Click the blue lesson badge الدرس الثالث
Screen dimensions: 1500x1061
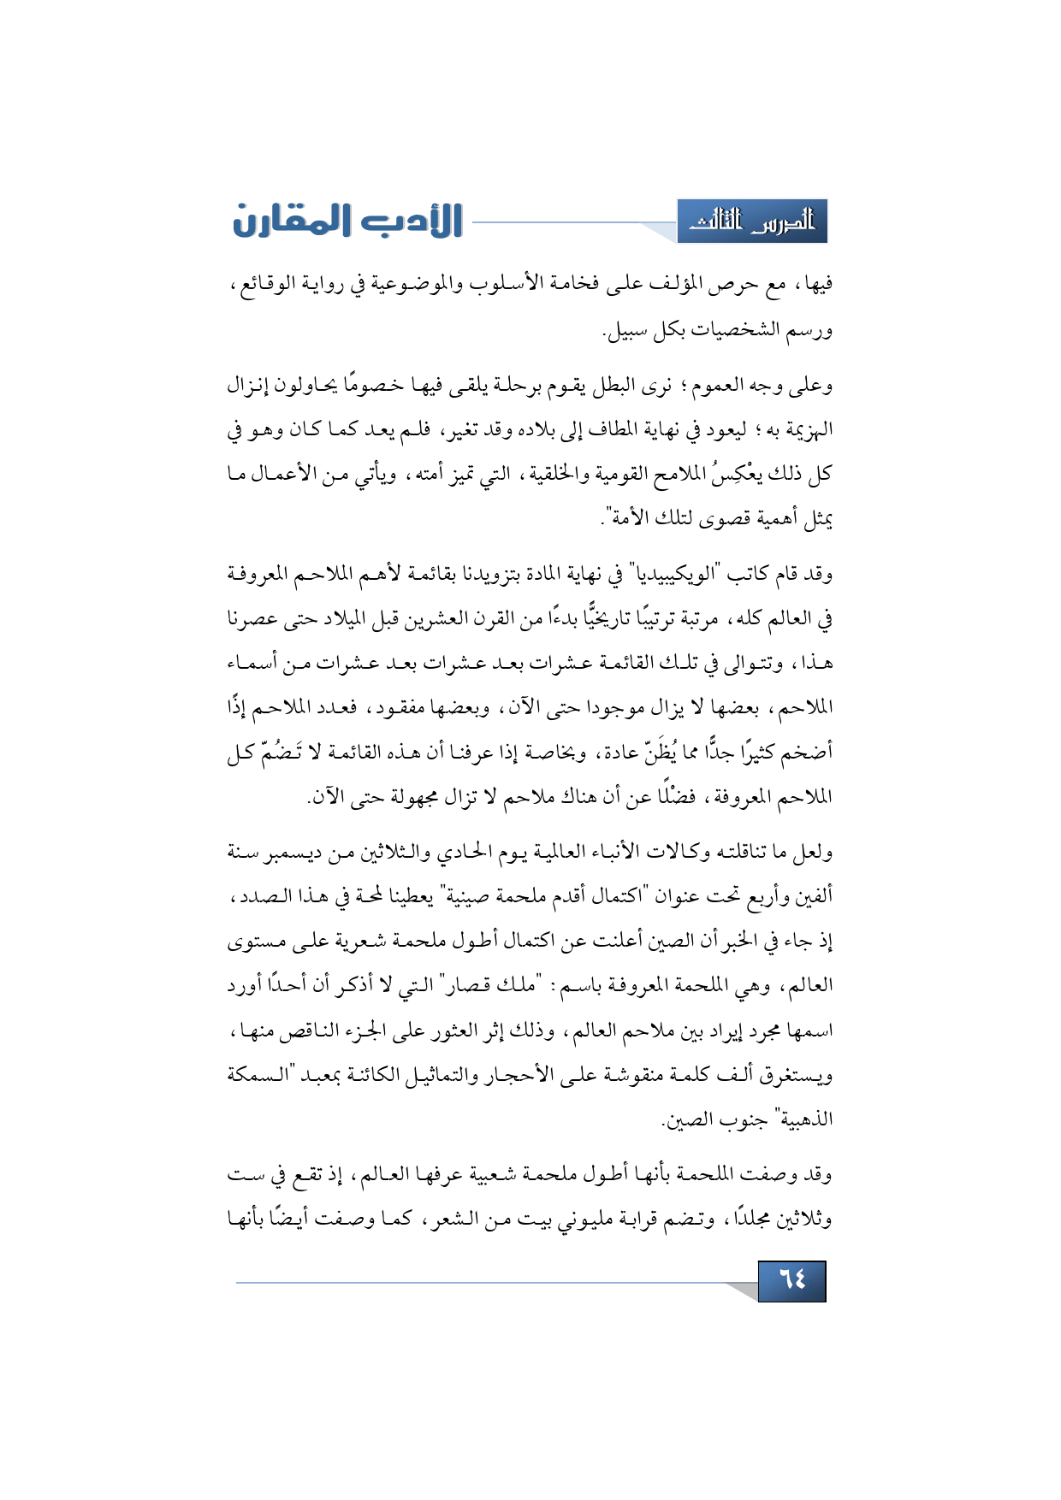pos(752,222)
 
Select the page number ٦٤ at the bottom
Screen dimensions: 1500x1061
pos(791,1280)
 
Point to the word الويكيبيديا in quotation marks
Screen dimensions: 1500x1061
pos(679,574)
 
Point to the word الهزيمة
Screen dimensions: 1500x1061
pos(801,430)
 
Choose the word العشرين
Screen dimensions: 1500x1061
pos(432,619)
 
